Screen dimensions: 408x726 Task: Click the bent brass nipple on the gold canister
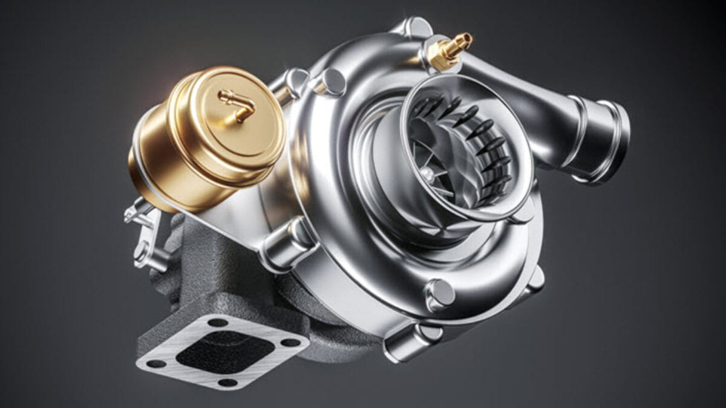[x=238, y=105]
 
